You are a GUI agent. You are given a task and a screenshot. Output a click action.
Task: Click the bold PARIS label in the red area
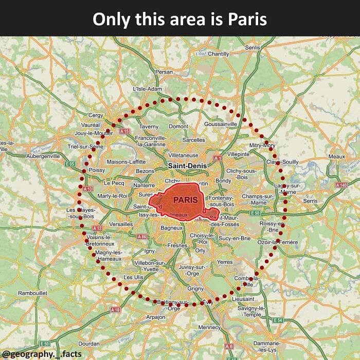[185, 199]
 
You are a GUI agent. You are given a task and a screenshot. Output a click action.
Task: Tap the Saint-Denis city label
[187, 166]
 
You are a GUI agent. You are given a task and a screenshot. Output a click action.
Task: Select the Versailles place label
[121, 224]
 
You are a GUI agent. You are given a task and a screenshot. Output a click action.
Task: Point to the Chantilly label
[218, 54]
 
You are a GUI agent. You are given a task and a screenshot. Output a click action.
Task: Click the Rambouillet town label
[32, 293]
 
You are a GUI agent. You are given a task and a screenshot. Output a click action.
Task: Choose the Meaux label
[336, 156]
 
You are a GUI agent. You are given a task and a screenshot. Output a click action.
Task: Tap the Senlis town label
[253, 47]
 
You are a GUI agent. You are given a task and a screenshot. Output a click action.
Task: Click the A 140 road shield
[341, 185]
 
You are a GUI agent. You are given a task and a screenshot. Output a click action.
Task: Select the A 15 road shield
[124, 132]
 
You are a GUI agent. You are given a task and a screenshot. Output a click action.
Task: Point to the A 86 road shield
[142, 236]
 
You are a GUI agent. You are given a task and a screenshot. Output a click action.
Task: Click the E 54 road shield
[278, 320]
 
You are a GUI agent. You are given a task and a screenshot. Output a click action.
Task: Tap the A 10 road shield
[115, 310]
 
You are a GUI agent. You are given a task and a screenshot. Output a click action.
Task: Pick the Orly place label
[201, 250]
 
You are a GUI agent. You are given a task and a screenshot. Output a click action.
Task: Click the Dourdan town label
[88, 343]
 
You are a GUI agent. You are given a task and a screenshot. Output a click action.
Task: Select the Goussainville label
[221, 124]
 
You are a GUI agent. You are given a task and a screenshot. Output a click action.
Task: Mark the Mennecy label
[209, 327]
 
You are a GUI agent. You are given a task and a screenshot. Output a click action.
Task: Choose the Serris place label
[310, 201]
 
